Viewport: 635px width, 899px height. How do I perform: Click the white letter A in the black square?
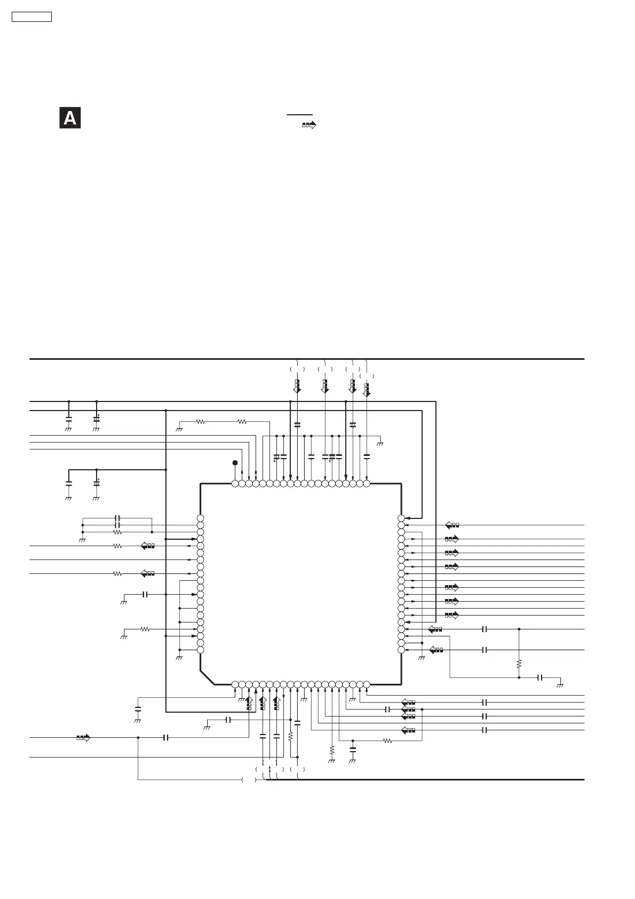(70, 118)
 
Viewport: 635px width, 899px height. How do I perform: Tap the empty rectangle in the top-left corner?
(31, 17)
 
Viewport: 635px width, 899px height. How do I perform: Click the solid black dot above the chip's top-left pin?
(235, 463)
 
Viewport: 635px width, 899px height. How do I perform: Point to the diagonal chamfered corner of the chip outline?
(208, 677)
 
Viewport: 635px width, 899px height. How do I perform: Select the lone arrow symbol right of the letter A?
(309, 125)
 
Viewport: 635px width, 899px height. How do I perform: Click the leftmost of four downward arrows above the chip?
(297, 386)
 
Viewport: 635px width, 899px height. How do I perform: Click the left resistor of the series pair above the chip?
(201, 422)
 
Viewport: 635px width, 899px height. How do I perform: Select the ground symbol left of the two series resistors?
(180, 429)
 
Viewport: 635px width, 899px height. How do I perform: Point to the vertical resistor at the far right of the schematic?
(519, 664)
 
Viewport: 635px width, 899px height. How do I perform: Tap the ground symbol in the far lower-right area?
(560, 684)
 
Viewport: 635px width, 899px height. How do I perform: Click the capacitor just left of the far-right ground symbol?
(541, 677)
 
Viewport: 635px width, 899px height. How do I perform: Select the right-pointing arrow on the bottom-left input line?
(83, 738)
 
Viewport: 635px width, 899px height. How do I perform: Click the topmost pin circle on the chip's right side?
(401, 518)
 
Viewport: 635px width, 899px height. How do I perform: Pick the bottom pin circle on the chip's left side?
(201, 650)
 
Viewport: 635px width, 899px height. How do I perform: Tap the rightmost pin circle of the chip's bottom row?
(367, 684)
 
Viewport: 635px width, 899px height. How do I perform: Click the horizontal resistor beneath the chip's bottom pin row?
(388, 740)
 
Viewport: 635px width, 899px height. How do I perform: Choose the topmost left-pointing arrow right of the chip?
(452, 525)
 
